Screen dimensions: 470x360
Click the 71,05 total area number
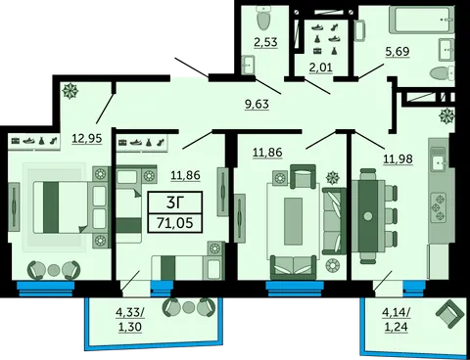click(175, 223)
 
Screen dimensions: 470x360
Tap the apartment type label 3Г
click(175, 202)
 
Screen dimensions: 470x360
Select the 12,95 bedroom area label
click(87, 138)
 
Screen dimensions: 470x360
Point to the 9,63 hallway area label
click(257, 104)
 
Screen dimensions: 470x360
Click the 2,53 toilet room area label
click(265, 42)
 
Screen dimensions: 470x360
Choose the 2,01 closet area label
click(321, 67)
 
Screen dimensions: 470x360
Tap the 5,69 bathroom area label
click(398, 52)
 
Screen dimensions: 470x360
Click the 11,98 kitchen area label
click(398, 159)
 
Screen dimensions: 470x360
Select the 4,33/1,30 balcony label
click(130, 319)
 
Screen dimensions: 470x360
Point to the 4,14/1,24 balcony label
click(397, 319)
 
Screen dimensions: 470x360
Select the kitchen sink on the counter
click(439, 160)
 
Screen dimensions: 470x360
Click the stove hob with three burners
click(440, 206)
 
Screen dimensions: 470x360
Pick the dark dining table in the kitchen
click(368, 216)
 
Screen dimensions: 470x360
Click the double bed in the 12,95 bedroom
click(61, 207)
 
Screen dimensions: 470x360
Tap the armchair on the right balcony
click(449, 314)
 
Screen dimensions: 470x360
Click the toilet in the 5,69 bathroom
click(442, 73)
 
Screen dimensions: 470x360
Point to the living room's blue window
click(295, 289)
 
